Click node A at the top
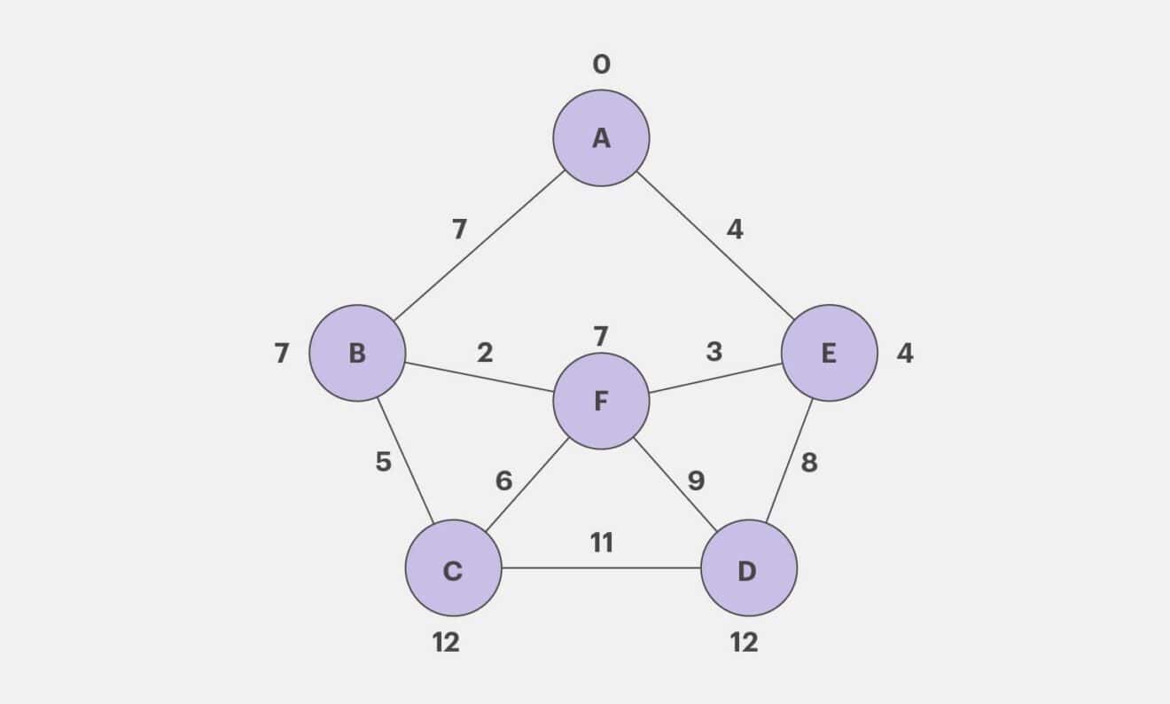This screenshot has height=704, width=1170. (601, 138)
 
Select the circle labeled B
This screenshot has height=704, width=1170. (357, 353)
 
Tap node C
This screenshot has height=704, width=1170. (453, 568)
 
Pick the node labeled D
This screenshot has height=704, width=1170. (748, 568)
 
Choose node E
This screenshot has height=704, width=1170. (829, 353)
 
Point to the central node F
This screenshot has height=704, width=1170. (601, 401)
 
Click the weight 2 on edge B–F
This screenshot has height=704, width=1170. (484, 353)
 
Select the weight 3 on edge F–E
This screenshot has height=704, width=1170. (714, 352)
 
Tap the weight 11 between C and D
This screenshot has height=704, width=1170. (602, 542)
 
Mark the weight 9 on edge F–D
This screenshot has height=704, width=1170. (696, 481)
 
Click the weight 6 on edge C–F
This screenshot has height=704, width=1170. (503, 481)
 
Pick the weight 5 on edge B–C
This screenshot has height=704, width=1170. (383, 462)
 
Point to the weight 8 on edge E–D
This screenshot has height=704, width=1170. (808, 462)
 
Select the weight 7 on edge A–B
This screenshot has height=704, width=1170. (458, 230)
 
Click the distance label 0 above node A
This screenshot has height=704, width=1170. (601, 65)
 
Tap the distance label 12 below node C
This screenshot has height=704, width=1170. (446, 642)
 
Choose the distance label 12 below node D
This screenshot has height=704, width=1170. (744, 642)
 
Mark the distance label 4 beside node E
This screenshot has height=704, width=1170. (904, 353)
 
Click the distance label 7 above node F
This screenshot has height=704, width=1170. (601, 337)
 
